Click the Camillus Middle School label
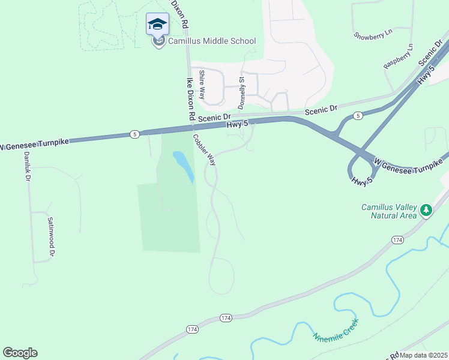[211, 41]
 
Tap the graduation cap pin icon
[157, 25]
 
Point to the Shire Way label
[202, 85]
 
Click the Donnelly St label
[242, 92]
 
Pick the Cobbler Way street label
[204, 148]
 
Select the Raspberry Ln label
[399, 55]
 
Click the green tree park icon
[426, 210]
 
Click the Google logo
[20, 353]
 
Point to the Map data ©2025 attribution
[423, 355]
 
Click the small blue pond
[184, 166]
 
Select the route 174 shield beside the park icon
[397, 239]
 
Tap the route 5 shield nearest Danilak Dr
[134, 134]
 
